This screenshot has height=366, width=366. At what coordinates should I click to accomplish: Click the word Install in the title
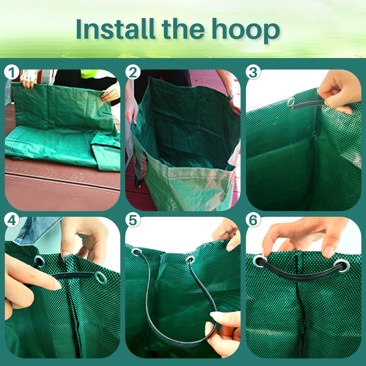click(x=115, y=30)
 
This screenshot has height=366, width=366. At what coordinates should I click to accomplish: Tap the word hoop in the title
click(x=245, y=30)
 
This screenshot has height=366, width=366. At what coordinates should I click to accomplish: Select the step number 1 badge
click(x=12, y=73)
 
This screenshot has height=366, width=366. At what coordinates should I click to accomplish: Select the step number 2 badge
click(x=133, y=73)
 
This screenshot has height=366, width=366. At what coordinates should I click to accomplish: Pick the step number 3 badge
click(x=253, y=73)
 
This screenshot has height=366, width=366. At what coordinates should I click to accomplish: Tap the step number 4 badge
click(x=12, y=220)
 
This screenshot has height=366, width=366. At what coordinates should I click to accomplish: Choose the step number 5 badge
click(x=133, y=220)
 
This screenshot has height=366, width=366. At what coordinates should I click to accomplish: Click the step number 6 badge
click(x=253, y=220)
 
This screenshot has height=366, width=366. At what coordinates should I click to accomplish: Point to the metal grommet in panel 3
click(x=291, y=102)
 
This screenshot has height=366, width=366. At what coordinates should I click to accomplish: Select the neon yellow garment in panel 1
click(x=90, y=74)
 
